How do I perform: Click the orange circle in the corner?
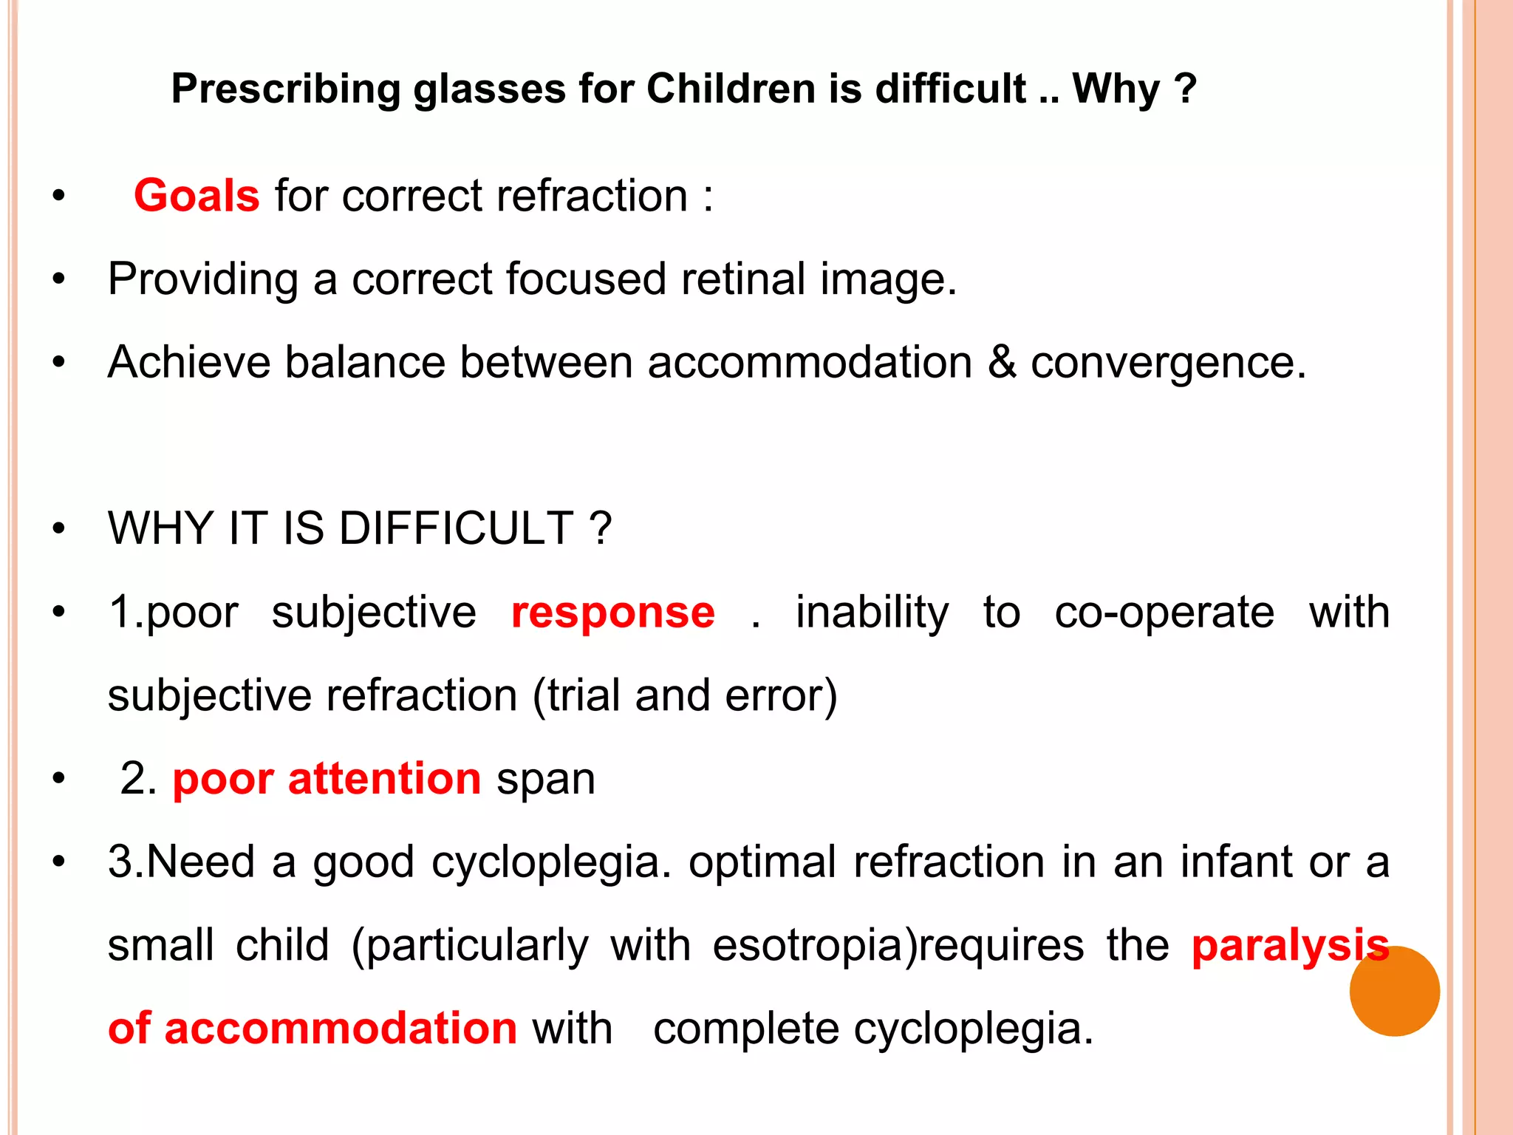point(1394,991)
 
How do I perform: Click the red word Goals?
point(197,196)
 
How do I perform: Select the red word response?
point(612,613)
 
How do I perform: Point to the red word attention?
point(384,780)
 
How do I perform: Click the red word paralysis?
point(1290,947)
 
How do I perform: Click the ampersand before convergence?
point(1001,363)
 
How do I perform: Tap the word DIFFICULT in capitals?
point(456,529)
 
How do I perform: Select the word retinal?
point(743,279)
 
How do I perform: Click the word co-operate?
point(1164,613)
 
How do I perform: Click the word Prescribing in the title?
point(285,89)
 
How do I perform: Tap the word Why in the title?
point(1116,89)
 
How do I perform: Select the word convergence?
point(1167,363)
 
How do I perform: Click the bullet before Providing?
point(59,279)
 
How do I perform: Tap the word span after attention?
point(545,780)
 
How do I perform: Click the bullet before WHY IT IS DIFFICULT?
point(59,529)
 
